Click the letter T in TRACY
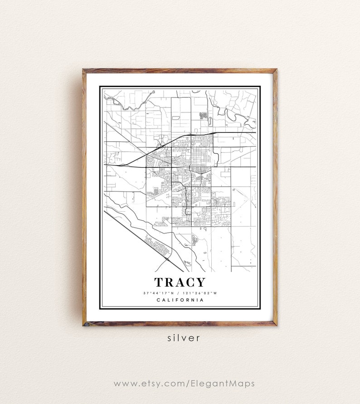159,282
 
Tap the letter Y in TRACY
200,282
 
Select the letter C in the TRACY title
188,282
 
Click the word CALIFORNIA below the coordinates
180,300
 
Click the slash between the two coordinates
180,293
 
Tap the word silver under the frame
180,338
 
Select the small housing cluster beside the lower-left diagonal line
157,245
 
